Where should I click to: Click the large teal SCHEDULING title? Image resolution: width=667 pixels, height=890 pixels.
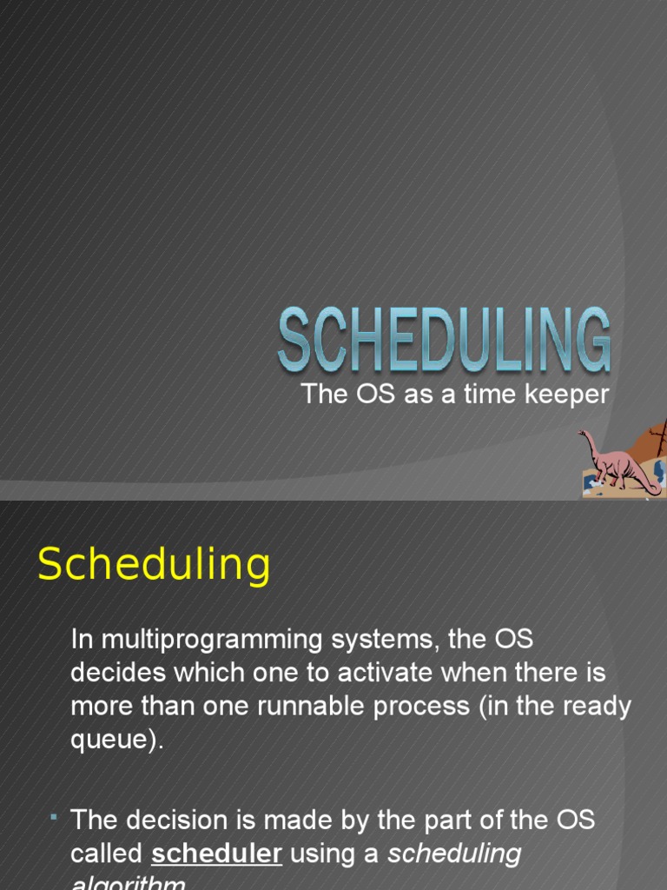click(x=444, y=339)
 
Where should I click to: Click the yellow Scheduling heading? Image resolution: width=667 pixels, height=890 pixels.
click(x=154, y=565)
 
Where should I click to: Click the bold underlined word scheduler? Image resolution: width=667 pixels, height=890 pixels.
click(x=216, y=853)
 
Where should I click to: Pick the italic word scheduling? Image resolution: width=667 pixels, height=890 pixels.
click(x=454, y=853)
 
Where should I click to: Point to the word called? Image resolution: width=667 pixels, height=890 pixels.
click(x=106, y=853)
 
